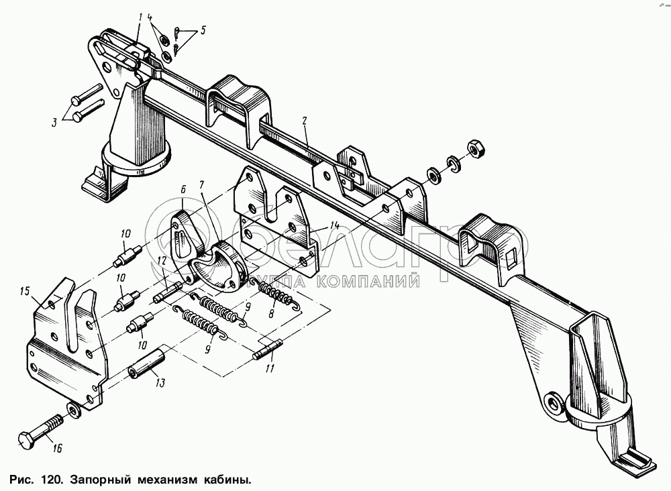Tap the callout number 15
point(25,291)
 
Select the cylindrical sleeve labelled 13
point(146,368)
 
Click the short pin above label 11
point(268,351)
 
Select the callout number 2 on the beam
point(305,121)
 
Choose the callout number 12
point(160,260)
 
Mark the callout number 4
point(150,15)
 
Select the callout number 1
point(140,16)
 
